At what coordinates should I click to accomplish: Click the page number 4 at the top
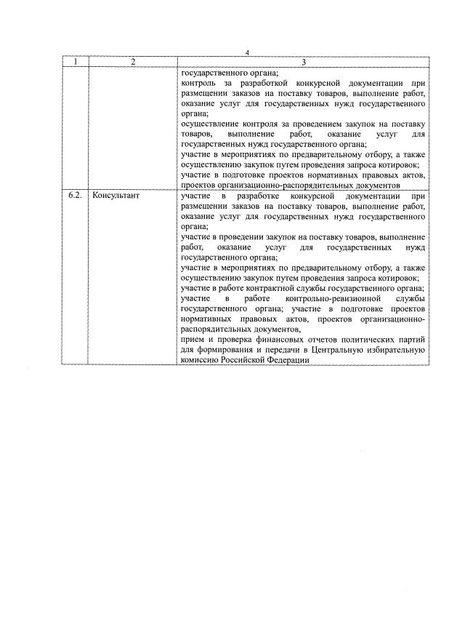[x=247, y=53]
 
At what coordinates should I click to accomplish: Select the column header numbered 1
[x=74, y=62]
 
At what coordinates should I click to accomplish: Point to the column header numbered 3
[x=302, y=62]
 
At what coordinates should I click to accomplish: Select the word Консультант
[x=116, y=196]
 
